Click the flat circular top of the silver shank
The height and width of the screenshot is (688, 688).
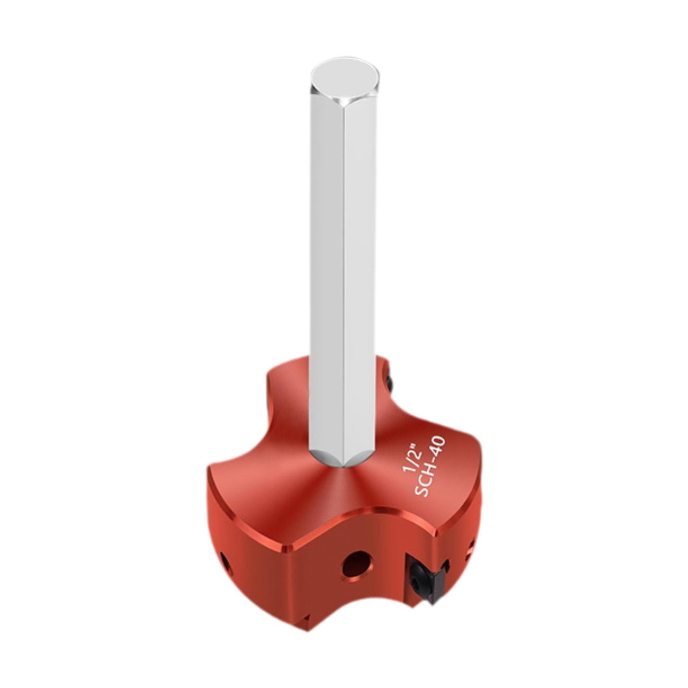345,81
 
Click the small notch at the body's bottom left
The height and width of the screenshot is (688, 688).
306,619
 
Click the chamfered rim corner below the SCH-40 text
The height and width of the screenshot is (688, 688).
436,533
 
